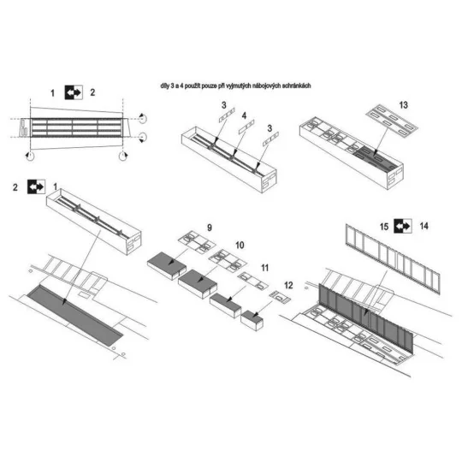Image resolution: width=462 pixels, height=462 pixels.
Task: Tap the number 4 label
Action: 244,114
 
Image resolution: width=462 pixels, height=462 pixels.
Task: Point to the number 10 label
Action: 239,245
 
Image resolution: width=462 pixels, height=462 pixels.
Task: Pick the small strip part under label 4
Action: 245,127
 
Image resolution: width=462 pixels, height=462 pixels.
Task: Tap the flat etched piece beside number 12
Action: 279,294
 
